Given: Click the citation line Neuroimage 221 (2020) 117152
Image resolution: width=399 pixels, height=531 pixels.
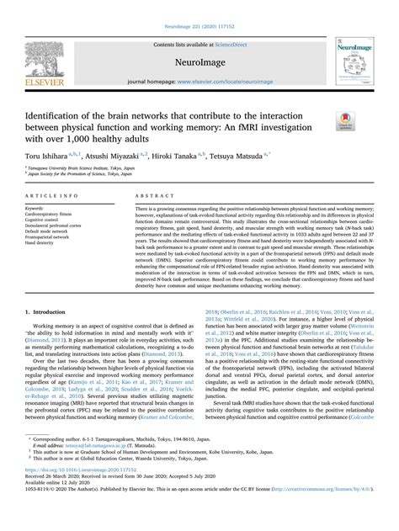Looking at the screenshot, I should click(x=199, y=5).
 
